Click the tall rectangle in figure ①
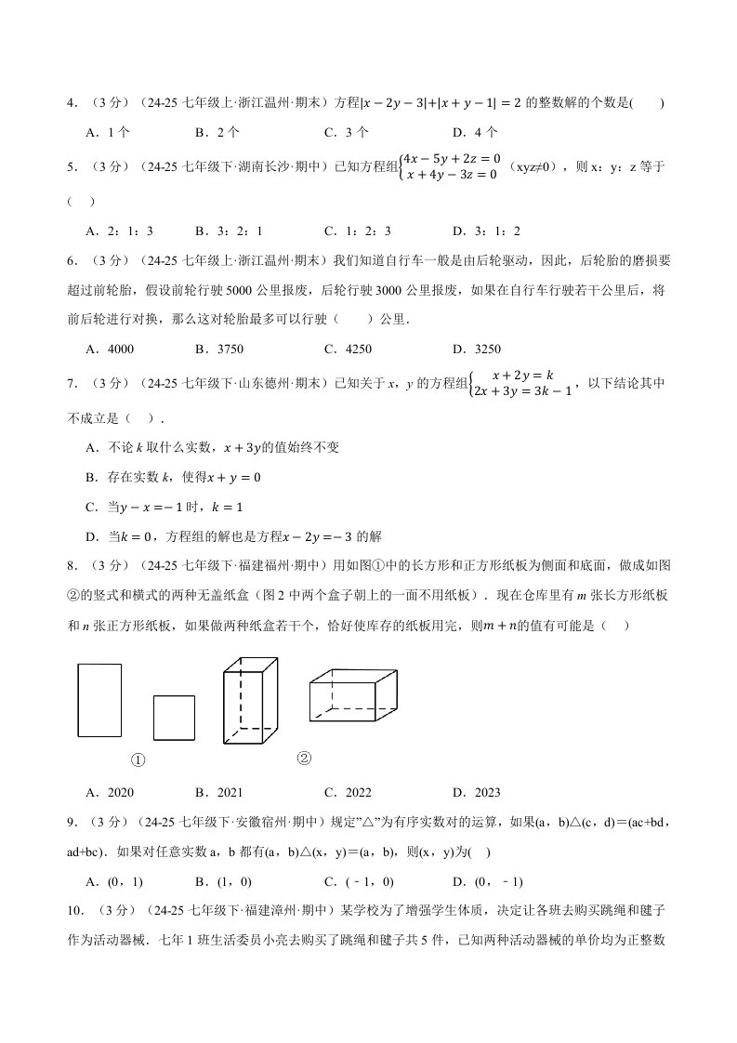click(99, 700)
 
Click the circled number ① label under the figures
click(138, 760)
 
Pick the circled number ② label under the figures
click(304, 758)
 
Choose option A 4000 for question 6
click(110, 350)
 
